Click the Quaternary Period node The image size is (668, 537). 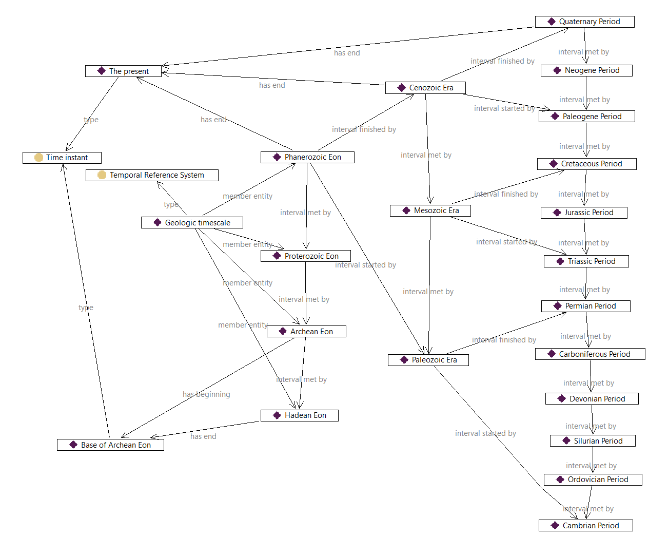coord(584,22)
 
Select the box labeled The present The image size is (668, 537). coord(123,71)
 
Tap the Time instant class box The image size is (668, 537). coord(62,158)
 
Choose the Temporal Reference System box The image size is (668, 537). coord(152,175)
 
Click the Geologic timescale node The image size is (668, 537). coord(192,223)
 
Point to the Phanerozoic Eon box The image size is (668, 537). coord(307,157)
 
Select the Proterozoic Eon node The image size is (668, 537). coord(306,256)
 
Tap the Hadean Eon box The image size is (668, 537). coord(300,415)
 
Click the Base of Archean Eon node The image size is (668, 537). coord(110,445)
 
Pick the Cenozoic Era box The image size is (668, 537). coord(425,88)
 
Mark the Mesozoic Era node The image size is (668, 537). coord(430,210)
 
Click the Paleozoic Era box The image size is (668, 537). coord(428,360)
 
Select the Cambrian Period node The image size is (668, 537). coord(585,526)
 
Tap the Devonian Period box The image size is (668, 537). coord(592,399)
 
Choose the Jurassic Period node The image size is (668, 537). coord(584,213)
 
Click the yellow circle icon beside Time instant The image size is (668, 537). coord(39,158)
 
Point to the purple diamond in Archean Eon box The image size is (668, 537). coord(283,332)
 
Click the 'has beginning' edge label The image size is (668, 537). coord(206,394)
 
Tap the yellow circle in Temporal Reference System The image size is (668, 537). coord(102,175)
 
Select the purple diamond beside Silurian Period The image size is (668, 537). coord(566,441)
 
